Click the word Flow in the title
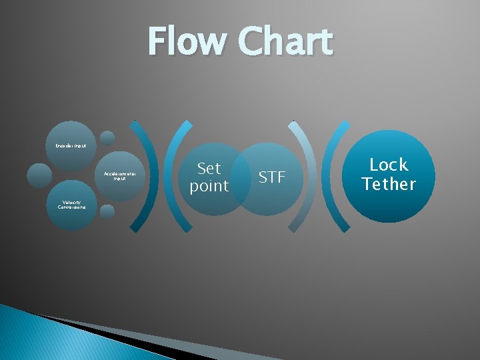tap(187, 41)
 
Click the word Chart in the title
tap(286, 41)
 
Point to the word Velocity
tap(72, 202)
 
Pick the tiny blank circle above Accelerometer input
tap(107, 138)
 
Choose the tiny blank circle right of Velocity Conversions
tap(107, 211)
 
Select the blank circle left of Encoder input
tap(39, 175)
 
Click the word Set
tap(209, 169)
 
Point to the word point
tap(209, 186)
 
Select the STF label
tap(272, 177)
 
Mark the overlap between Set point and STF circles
tap(240, 179)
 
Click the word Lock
tap(389, 165)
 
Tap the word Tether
tap(389, 183)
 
